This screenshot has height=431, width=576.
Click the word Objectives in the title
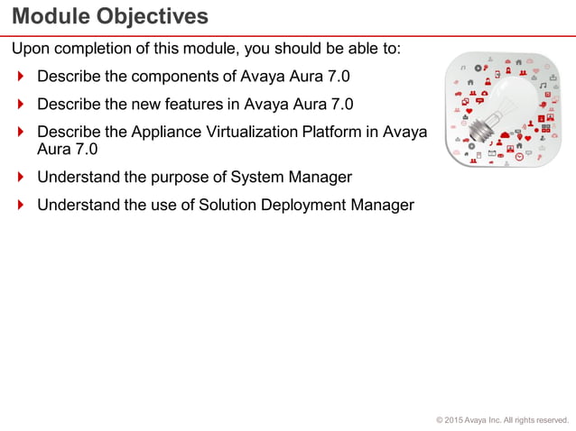(149, 16)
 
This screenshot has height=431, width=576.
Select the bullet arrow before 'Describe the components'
(21, 76)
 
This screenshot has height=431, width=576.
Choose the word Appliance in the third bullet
(167, 132)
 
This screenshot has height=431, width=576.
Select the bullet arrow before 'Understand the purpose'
(21, 177)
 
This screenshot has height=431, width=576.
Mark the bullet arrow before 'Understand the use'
(21, 205)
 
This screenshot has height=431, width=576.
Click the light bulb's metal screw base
(483, 128)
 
